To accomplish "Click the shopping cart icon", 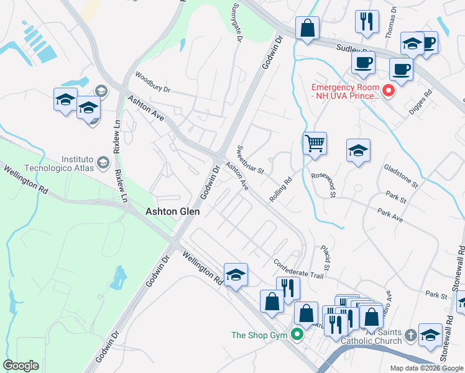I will coord(315,144).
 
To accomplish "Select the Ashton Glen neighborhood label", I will coord(172,211).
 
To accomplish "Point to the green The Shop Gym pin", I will coord(298,335).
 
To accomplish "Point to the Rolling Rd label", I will coord(281,190).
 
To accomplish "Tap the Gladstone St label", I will coord(402,177).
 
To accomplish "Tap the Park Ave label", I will coord(390,216).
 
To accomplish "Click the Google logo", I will coord(21,366).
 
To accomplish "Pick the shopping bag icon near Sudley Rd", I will coord(307,29).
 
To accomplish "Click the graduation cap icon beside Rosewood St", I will coord(358,151).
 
